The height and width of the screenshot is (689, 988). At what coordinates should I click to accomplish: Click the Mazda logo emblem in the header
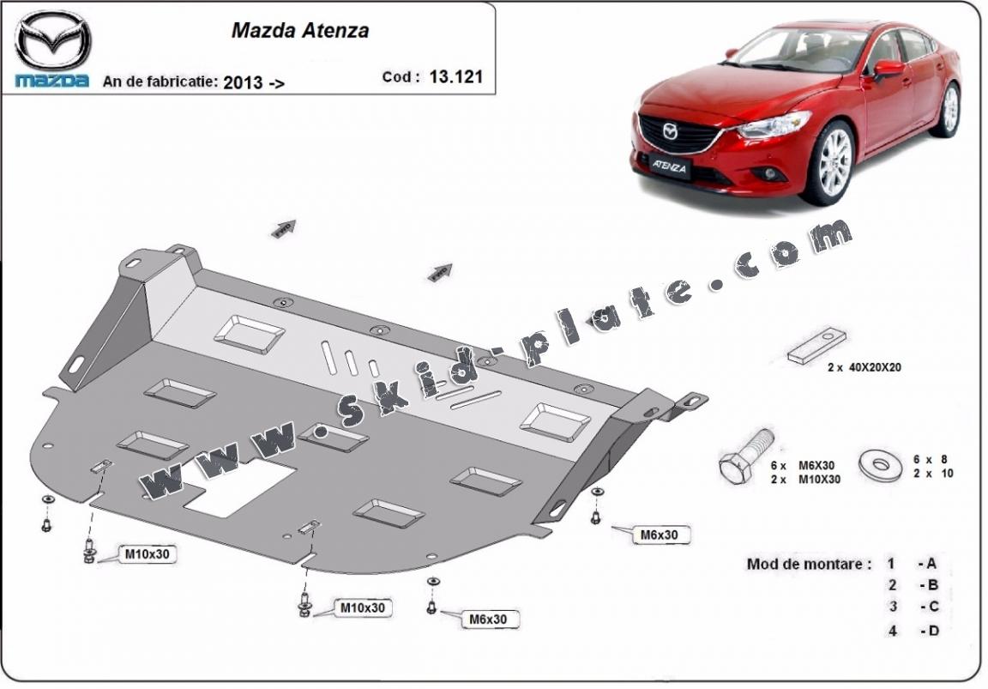pyautogui.click(x=52, y=41)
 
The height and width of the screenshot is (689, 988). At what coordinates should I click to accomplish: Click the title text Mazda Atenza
pyautogui.click(x=300, y=30)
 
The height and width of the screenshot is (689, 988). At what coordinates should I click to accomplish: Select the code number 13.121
pyautogui.click(x=456, y=76)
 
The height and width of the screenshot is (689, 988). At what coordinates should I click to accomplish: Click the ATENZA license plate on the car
pyautogui.click(x=670, y=167)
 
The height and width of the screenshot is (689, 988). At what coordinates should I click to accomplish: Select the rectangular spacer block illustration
pyautogui.click(x=818, y=345)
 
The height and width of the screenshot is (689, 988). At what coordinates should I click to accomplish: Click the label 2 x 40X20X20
pyautogui.click(x=864, y=367)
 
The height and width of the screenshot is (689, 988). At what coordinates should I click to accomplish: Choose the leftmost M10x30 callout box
pyautogui.click(x=148, y=554)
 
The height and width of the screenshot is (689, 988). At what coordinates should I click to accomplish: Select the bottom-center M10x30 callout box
pyautogui.click(x=361, y=608)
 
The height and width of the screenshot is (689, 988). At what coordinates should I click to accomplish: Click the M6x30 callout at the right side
pyautogui.click(x=659, y=535)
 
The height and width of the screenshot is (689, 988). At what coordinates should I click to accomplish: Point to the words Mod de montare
pyautogui.click(x=809, y=564)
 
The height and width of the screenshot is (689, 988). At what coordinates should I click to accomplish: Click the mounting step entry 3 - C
pyautogui.click(x=913, y=607)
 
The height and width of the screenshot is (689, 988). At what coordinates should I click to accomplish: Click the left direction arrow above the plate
pyautogui.click(x=284, y=229)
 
